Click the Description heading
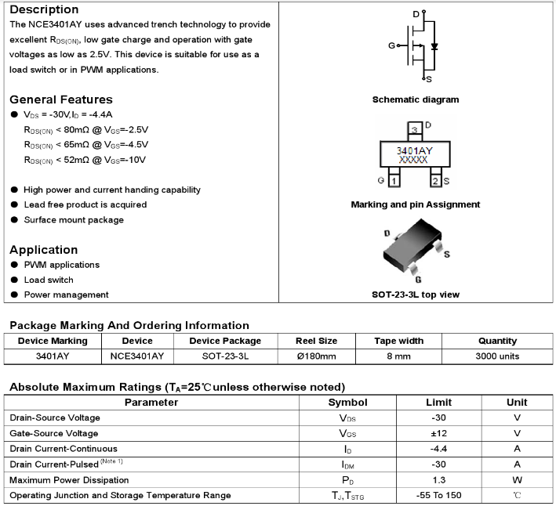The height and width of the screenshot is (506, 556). (44, 9)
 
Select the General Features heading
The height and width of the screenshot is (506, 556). (61, 99)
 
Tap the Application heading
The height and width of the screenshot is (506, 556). (44, 250)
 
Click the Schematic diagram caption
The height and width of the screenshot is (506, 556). (416, 99)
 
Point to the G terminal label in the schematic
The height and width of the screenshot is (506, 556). (391, 45)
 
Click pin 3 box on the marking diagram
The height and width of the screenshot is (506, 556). (414, 128)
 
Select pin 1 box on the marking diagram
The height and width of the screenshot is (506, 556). (394, 181)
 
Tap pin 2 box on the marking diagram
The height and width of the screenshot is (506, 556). (435, 181)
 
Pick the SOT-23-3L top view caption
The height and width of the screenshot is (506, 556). (416, 295)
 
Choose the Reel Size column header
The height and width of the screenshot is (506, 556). (316, 341)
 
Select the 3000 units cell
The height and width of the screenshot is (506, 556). (497, 356)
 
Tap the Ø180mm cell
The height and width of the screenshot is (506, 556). (316, 356)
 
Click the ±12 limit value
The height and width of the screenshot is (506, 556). (438, 433)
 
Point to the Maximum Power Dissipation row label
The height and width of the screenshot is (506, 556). (69, 479)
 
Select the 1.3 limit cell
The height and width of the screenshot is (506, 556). (438, 479)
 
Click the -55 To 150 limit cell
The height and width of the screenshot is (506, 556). (438, 495)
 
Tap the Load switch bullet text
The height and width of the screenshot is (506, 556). (49, 280)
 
